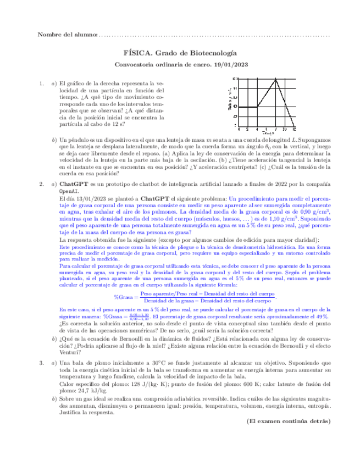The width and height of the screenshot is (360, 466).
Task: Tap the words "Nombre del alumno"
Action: (x=68, y=35)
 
